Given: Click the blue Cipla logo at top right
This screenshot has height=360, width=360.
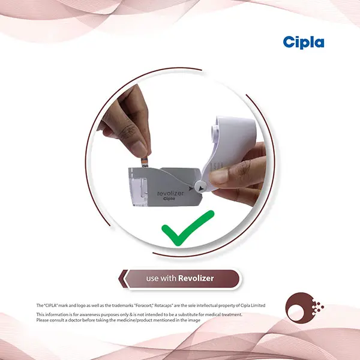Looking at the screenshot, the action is click(304, 43).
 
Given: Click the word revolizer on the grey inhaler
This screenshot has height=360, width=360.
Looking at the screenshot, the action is click(170, 193).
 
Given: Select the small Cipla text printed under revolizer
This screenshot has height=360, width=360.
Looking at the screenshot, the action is click(169, 199).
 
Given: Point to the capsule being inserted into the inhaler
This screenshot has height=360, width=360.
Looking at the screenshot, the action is click(145, 162).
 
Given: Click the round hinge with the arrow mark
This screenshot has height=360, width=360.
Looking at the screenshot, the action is click(200, 187).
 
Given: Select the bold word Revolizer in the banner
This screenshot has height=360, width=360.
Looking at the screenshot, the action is click(196, 278).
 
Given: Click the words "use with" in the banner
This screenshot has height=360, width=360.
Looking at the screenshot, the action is click(161, 278).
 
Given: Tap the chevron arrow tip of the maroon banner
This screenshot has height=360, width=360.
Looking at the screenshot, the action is click(119, 279).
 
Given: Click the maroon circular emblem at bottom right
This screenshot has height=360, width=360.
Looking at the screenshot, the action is click(304, 307).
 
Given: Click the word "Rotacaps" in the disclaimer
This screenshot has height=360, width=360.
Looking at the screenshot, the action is click(163, 305).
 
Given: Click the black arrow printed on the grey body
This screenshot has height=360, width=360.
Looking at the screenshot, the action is click(191, 189).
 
